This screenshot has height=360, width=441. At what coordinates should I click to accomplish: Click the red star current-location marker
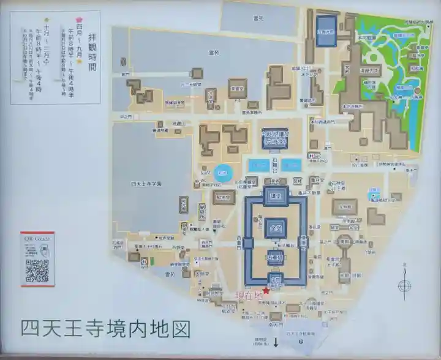tap(266, 291)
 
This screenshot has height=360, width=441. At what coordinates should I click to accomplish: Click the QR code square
tap(37, 270)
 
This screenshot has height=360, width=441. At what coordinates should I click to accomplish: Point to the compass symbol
tap(404, 285)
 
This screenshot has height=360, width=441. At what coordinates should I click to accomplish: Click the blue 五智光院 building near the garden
tap(326, 31)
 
